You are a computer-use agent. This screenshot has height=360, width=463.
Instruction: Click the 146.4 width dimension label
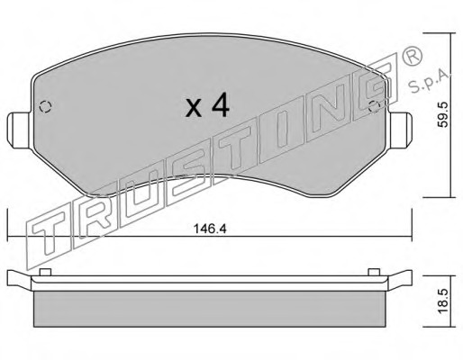[209, 229]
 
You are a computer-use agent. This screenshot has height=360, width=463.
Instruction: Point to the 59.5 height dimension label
[443, 114]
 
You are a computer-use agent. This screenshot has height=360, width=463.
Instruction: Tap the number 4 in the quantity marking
[221, 104]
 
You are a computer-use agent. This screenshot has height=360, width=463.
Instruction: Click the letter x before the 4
[194, 108]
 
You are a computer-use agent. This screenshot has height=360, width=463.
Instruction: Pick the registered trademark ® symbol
[412, 56]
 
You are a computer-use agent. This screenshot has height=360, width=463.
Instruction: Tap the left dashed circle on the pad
[45, 106]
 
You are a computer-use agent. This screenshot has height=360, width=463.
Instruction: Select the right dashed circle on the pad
[375, 107]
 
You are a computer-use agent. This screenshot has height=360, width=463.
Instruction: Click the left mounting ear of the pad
[19, 130]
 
